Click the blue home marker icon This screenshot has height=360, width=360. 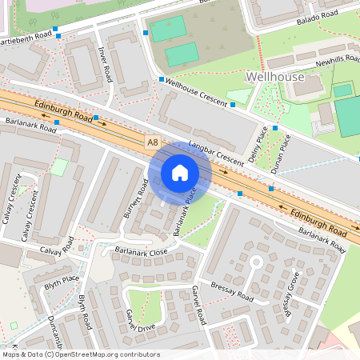(180, 172)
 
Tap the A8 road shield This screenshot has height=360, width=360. (153, 142)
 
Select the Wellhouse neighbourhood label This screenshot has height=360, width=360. (275, 77)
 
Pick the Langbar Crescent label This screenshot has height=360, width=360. (214, 153)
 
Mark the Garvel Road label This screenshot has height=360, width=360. (198, 305)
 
